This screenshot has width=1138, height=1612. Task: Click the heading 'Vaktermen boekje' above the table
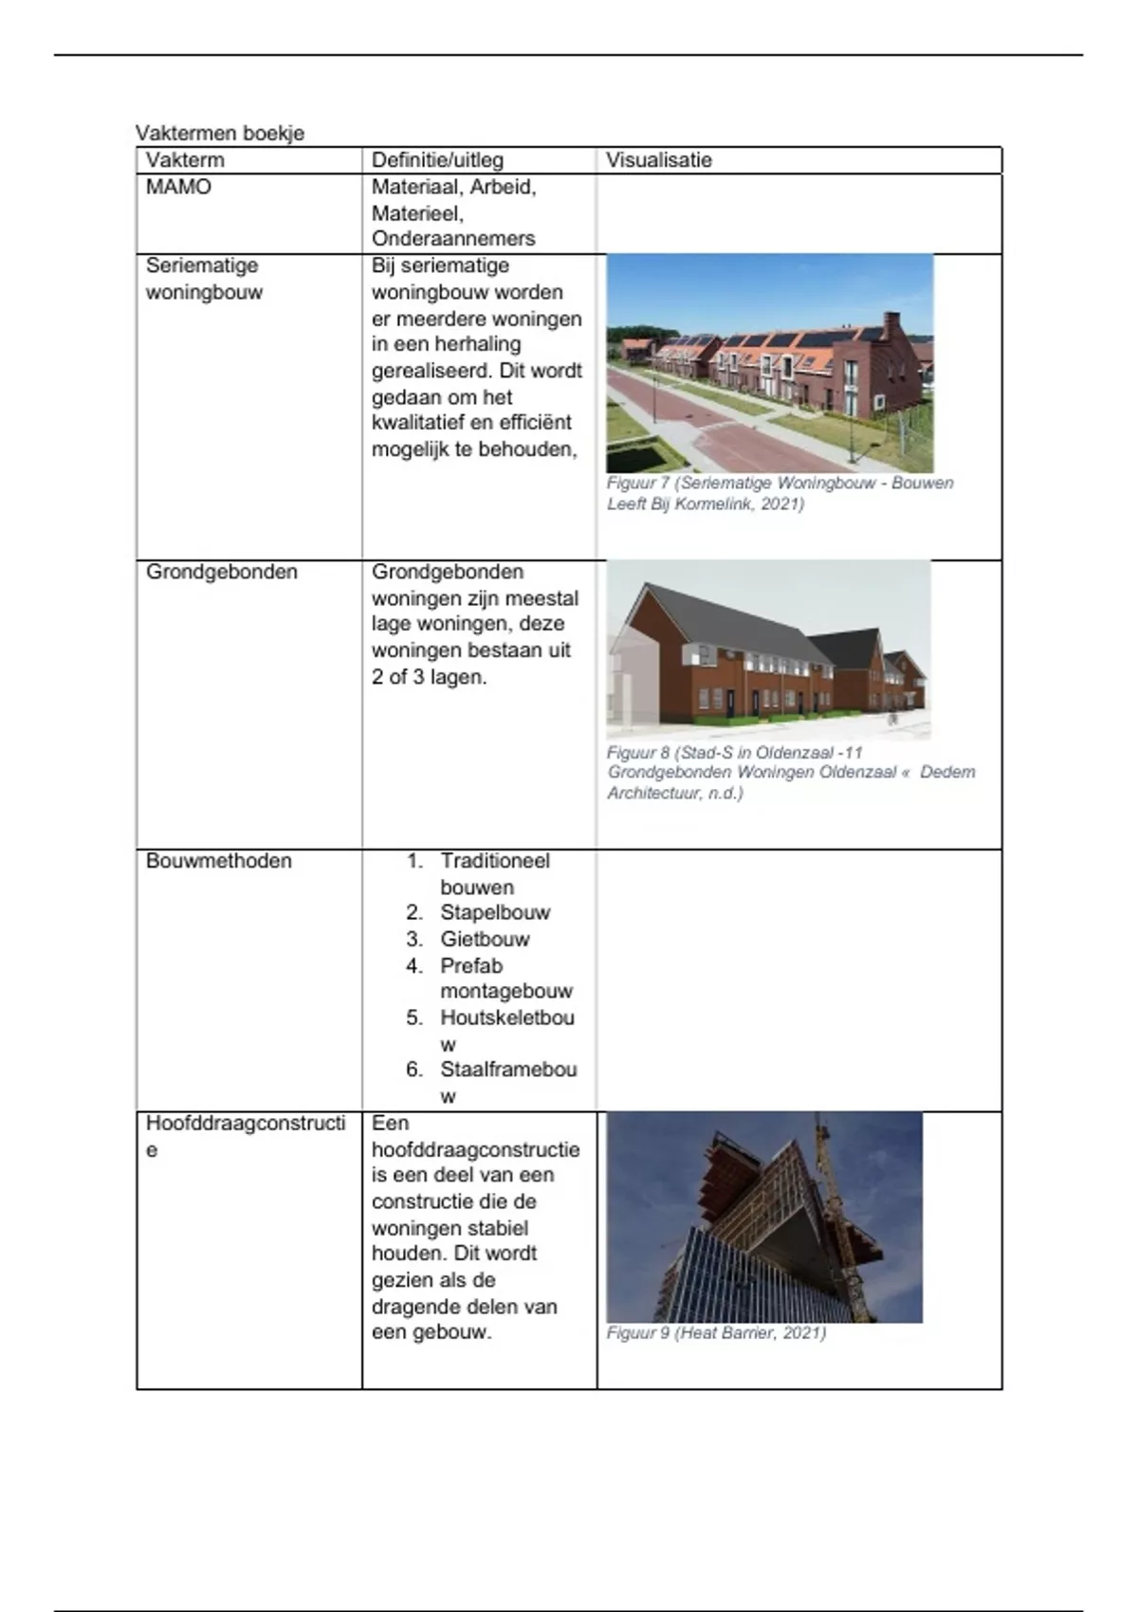[220, 133]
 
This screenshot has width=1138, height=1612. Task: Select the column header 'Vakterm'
[185, 160]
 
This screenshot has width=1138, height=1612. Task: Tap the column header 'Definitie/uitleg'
[437, 160]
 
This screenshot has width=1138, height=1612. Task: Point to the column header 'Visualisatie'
[659, 160]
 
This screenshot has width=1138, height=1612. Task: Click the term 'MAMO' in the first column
[178, 187]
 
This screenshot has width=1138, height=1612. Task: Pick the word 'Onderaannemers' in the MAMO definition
[453, 239]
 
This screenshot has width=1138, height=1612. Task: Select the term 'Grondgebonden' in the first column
[222, 572]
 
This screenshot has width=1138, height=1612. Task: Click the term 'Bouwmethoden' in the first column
[219, 861]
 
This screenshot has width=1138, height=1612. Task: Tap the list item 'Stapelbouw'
[495, 913]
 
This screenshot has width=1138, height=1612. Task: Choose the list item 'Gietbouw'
[485, 940]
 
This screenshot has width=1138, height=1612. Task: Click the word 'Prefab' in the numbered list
[471, 966]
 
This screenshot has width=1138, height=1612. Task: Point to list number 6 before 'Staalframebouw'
[414, 1070]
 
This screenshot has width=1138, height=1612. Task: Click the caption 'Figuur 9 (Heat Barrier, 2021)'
[716, 1333]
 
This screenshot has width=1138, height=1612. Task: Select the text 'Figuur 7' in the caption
[638, 484]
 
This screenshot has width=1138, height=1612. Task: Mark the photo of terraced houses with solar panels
[769, 363]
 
